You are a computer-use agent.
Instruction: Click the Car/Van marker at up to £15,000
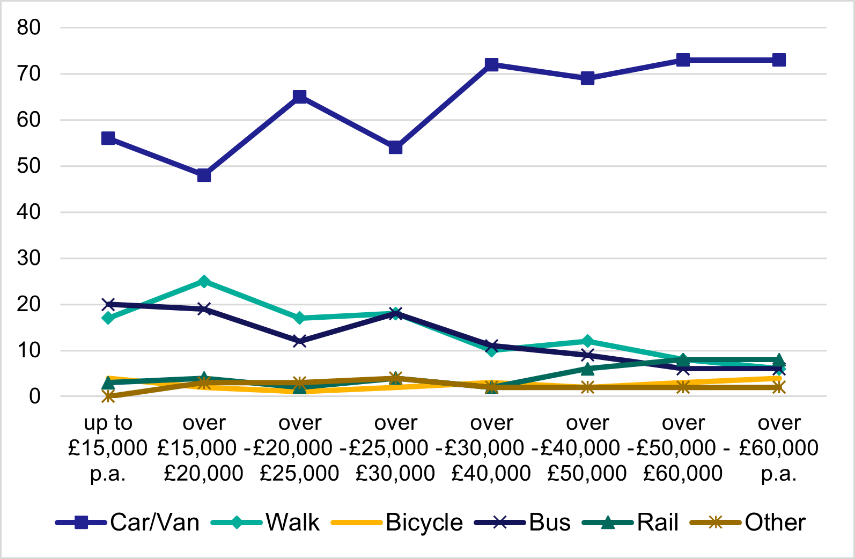tap(108, 138)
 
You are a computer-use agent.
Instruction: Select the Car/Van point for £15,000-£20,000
tap(204, 175)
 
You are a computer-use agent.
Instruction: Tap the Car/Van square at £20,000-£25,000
tap(300, 97)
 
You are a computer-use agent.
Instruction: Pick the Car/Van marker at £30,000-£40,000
tap(491, 64)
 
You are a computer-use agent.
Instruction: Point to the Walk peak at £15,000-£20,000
tap(204, 281)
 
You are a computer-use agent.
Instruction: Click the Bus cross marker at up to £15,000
tap(108, 304)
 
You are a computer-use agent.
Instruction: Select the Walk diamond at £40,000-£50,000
tap(587, 341)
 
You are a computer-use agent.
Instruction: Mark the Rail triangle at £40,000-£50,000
tap(587, 369)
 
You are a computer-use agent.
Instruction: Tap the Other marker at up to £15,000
tap(108, 396)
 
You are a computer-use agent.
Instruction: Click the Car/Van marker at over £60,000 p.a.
tap(779, 60)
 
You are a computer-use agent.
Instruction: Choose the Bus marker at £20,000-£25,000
tap(300, 341)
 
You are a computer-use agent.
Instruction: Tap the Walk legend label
tap(292, 522)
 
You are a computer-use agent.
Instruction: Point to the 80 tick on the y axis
tap(28, 27)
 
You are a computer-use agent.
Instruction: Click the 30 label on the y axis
tap(28, 258)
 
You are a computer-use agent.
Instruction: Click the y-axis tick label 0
tap(35, 396)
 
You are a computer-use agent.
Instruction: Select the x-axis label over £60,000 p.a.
tap(779, 448)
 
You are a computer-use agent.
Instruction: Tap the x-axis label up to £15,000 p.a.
tap(108, 448)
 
